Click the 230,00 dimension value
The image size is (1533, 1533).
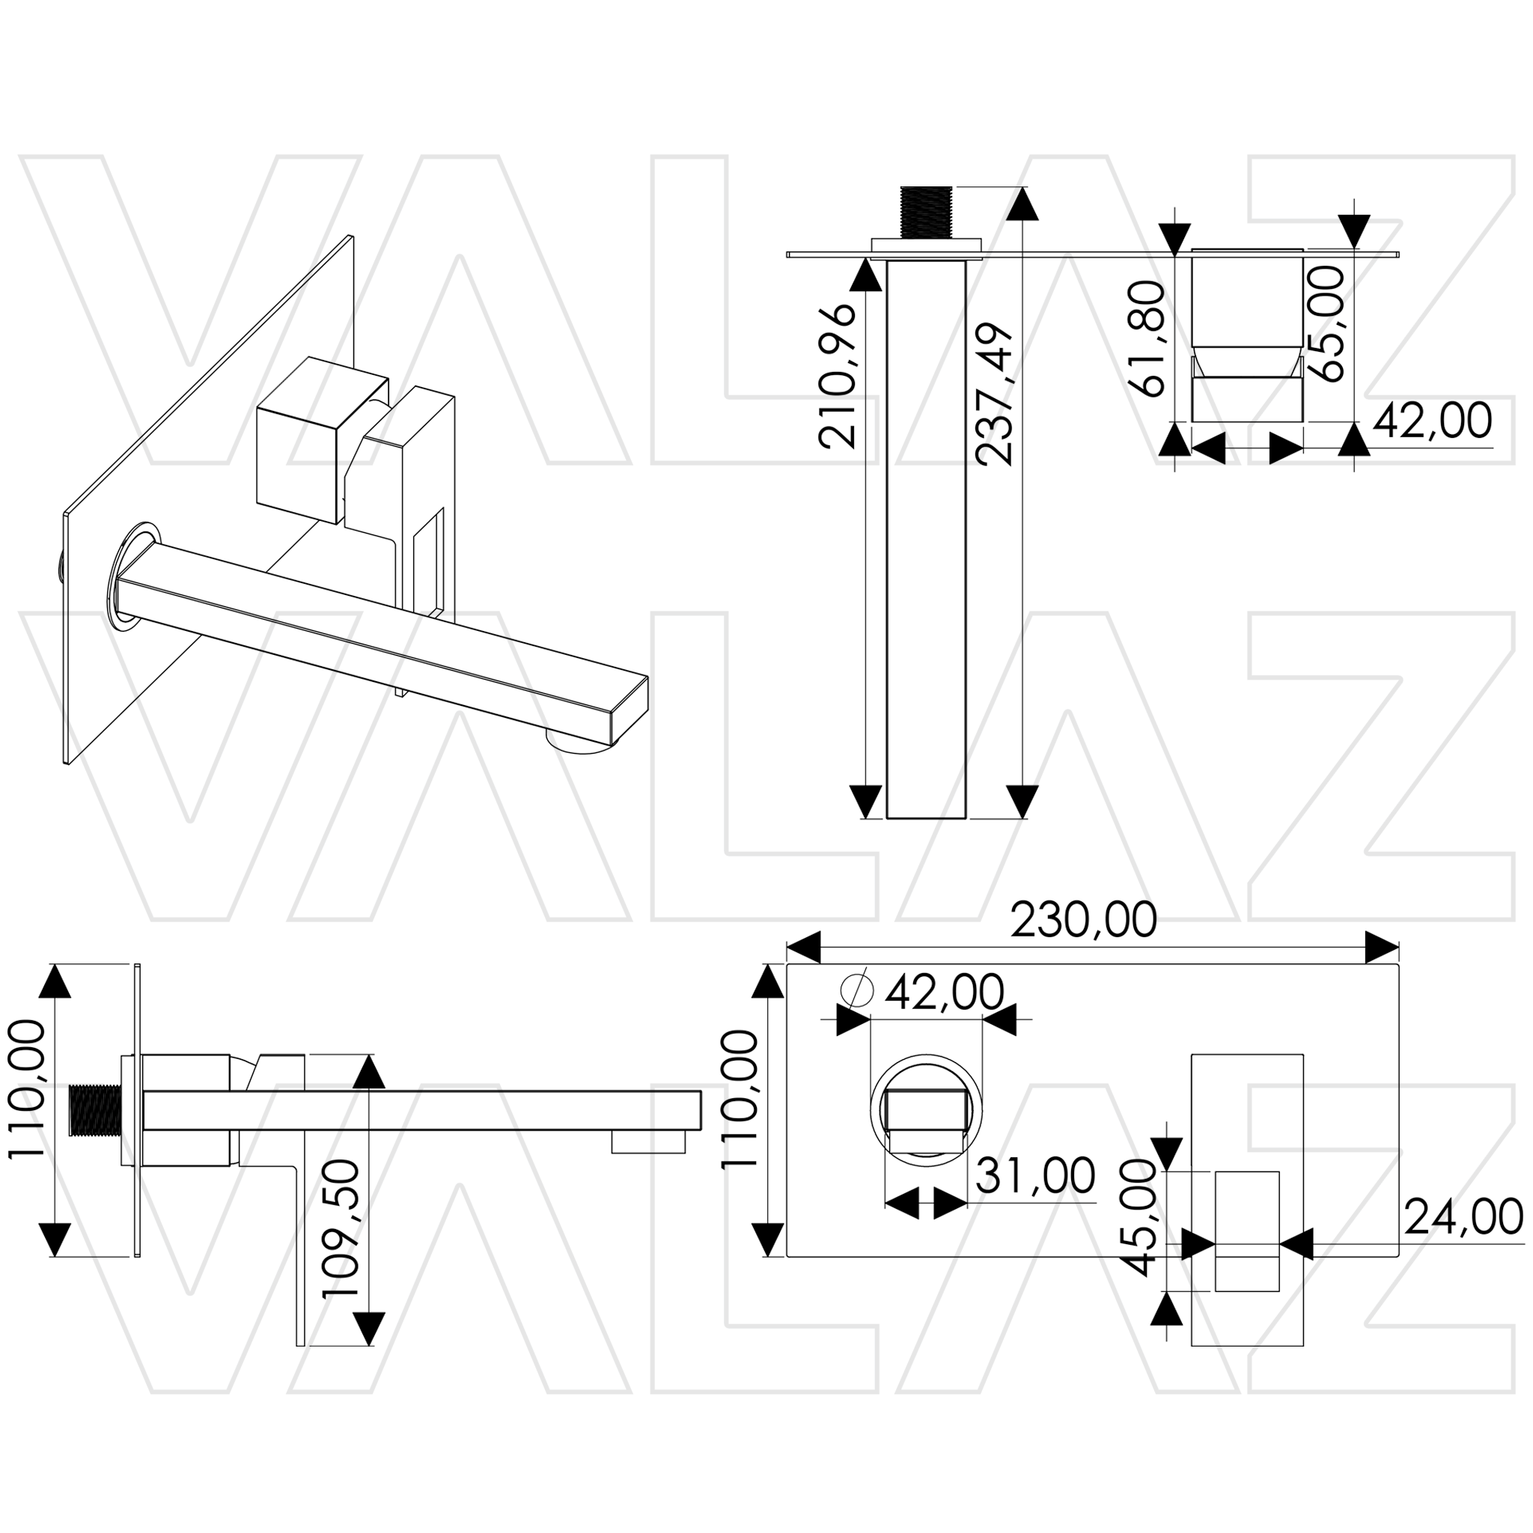click(x=1083, y=921)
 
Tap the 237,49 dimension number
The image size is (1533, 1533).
click(x=995, y=394)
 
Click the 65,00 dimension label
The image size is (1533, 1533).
click(x=1324, y=323)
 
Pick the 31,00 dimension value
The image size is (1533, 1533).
click(x=1035, y=1175)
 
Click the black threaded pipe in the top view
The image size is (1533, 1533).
click(x=926, y=212)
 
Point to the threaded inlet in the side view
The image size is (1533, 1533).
click(x=94, y=1109)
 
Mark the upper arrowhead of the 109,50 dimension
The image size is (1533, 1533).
click(x=368, y=1072)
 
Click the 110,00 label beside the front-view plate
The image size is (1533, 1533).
click(x=738, y=1099)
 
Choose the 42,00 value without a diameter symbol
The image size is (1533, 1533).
click(x=1432, y=421)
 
